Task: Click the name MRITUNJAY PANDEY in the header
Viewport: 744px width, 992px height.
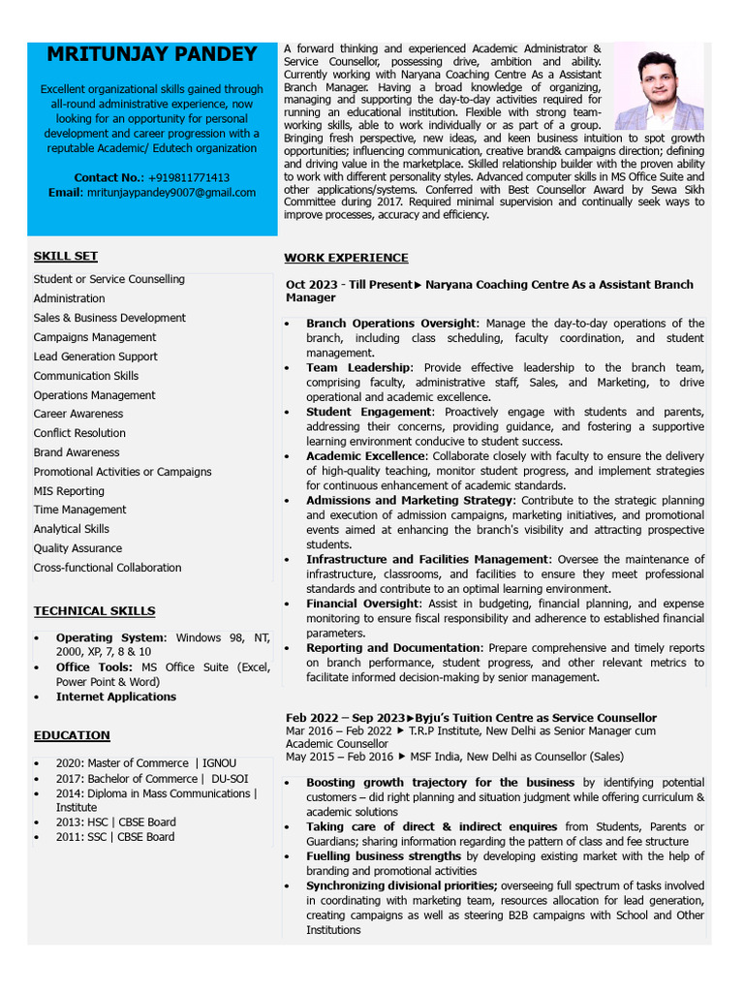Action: click(152, 54)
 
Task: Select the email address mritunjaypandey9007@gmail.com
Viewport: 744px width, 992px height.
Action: click(171, 193)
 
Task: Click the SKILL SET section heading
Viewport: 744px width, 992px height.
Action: click(66, 256)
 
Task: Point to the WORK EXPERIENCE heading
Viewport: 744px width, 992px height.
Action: click(346, 258)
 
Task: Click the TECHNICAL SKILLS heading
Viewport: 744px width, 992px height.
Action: click(94, 611)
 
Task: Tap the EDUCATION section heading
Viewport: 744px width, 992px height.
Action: click(72, 735)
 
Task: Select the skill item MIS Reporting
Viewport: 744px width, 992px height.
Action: click(69, 491)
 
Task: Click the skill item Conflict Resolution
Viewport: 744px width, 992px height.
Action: click(79, 433)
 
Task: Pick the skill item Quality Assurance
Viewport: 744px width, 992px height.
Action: click(77, 548)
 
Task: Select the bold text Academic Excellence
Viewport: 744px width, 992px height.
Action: click(365, 456)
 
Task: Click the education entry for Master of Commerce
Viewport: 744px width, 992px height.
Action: click(145, 763)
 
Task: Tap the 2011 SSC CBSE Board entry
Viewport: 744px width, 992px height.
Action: click(115, 837)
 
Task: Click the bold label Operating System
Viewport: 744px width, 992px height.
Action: click(111, 637)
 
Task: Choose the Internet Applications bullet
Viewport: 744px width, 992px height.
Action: click(116, 697)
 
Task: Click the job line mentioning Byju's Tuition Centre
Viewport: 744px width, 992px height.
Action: click(471, 718)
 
